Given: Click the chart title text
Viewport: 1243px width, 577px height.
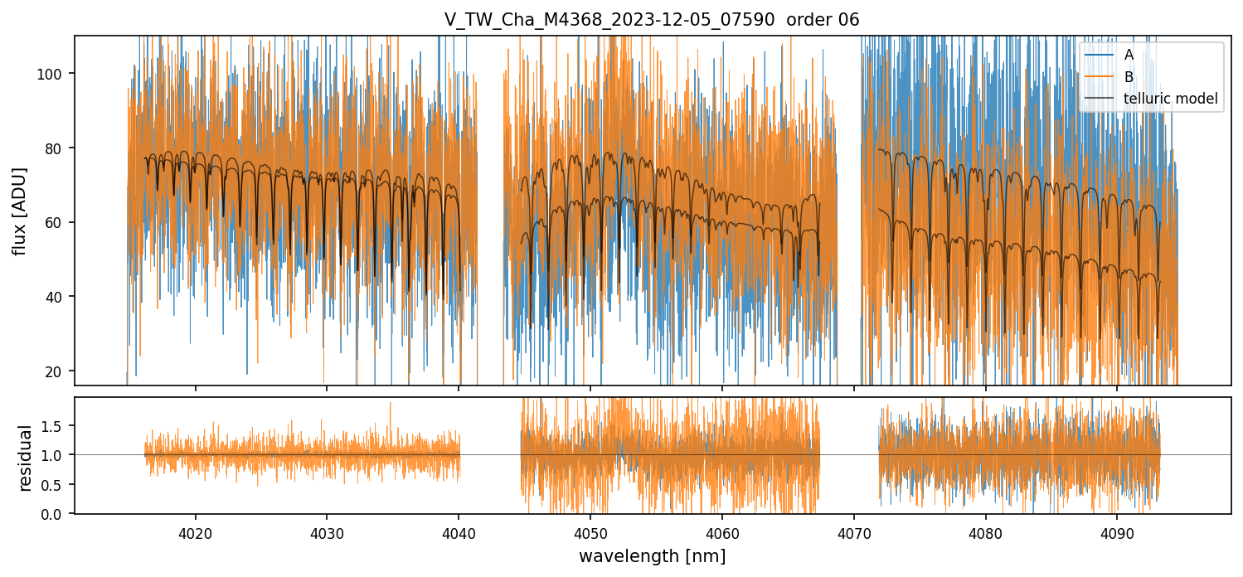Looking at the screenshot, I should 652,20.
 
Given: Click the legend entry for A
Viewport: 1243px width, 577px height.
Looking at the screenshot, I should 1129,55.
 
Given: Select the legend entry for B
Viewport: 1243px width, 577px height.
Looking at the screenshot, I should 1129,77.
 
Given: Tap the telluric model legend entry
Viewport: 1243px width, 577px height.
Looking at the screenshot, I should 1170,99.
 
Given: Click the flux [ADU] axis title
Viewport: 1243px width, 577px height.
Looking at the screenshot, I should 19,211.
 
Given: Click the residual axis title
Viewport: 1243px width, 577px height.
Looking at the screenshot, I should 25,458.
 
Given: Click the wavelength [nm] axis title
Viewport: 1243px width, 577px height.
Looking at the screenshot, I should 652,555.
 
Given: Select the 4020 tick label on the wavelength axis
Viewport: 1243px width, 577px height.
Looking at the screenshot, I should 195,531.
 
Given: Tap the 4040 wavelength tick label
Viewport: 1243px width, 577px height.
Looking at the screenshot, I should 459,531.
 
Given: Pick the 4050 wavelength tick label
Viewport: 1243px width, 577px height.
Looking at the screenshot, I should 590,531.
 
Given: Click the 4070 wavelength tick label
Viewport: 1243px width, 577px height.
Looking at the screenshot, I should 853,531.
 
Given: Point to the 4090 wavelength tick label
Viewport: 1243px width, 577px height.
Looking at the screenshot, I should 1116,531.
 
